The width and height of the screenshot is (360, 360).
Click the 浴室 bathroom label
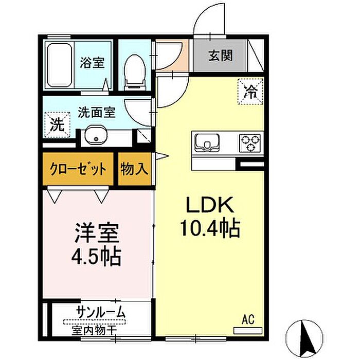tap(92, 62)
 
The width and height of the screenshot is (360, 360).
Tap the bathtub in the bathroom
tap(60, 65)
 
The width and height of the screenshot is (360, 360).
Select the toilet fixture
tap(135, 73)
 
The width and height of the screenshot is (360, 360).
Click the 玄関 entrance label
tap(221, 56)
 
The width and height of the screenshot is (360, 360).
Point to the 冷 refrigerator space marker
tap(250, 92)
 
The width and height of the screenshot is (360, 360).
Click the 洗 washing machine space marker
tap(57, 124)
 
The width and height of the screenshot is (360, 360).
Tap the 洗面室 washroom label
tap(97, 112)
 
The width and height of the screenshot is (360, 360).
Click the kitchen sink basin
tap(207, 143)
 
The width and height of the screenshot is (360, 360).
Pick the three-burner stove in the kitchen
tap(250, 143)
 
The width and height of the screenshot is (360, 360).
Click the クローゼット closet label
tap(78, 169)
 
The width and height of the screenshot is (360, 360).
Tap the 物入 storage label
tap(135, 169)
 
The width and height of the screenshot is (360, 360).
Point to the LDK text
tap(210, 205)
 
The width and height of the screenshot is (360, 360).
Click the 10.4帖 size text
tap(210, 228)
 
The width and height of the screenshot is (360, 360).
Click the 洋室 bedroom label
tap(97, 232)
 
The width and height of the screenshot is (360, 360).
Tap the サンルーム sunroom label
tap(101, 312)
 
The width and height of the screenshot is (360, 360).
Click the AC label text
tap(248, 319)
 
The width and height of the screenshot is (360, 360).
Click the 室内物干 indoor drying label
tap(94, 330)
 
